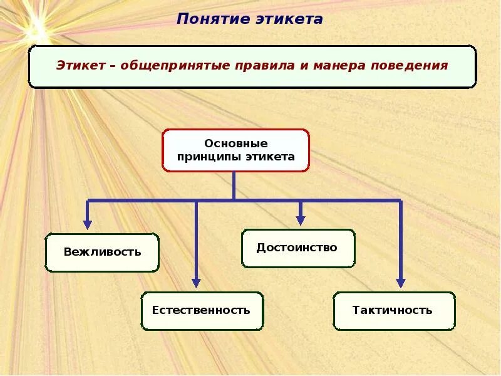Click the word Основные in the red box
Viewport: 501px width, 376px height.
coord(236,144)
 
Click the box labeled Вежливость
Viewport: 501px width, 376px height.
coord(102,253)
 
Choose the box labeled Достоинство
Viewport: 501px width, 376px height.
coord(297,248)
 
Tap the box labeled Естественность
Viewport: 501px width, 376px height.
coord(202,311)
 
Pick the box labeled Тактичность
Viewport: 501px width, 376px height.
coord(393,311)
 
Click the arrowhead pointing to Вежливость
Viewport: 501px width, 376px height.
coord(88,224)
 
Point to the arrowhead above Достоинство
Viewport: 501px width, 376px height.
coord(301,220)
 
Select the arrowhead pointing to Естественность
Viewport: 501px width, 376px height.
coord(196,283)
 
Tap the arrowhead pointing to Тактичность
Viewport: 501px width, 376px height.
coord(401,283)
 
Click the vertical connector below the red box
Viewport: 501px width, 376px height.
coord(234,185)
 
